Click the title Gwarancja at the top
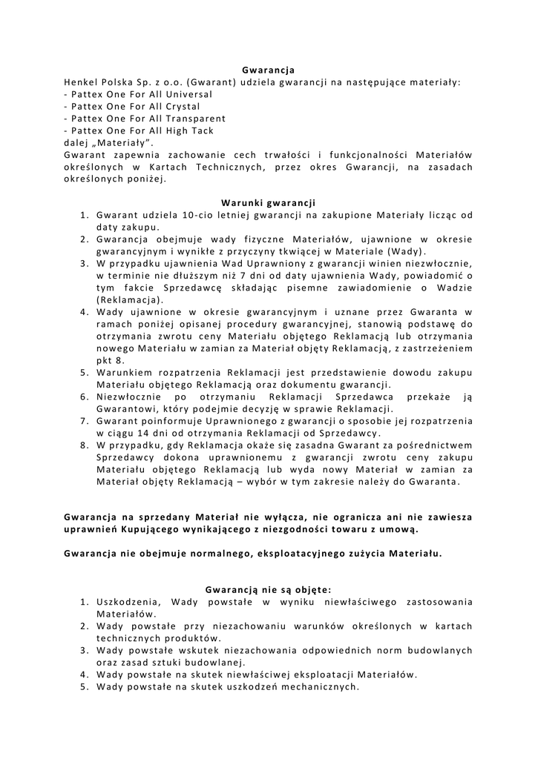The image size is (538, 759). click(x=269, y=70)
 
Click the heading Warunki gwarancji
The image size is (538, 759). click(x=269, y=202)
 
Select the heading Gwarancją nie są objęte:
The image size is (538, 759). click(x=269, y=590)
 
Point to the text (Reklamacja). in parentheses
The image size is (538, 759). click(x=130, y=299)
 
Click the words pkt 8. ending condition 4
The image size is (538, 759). click(x=111, y=360)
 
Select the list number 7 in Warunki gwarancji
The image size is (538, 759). click(x=85, y=421)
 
